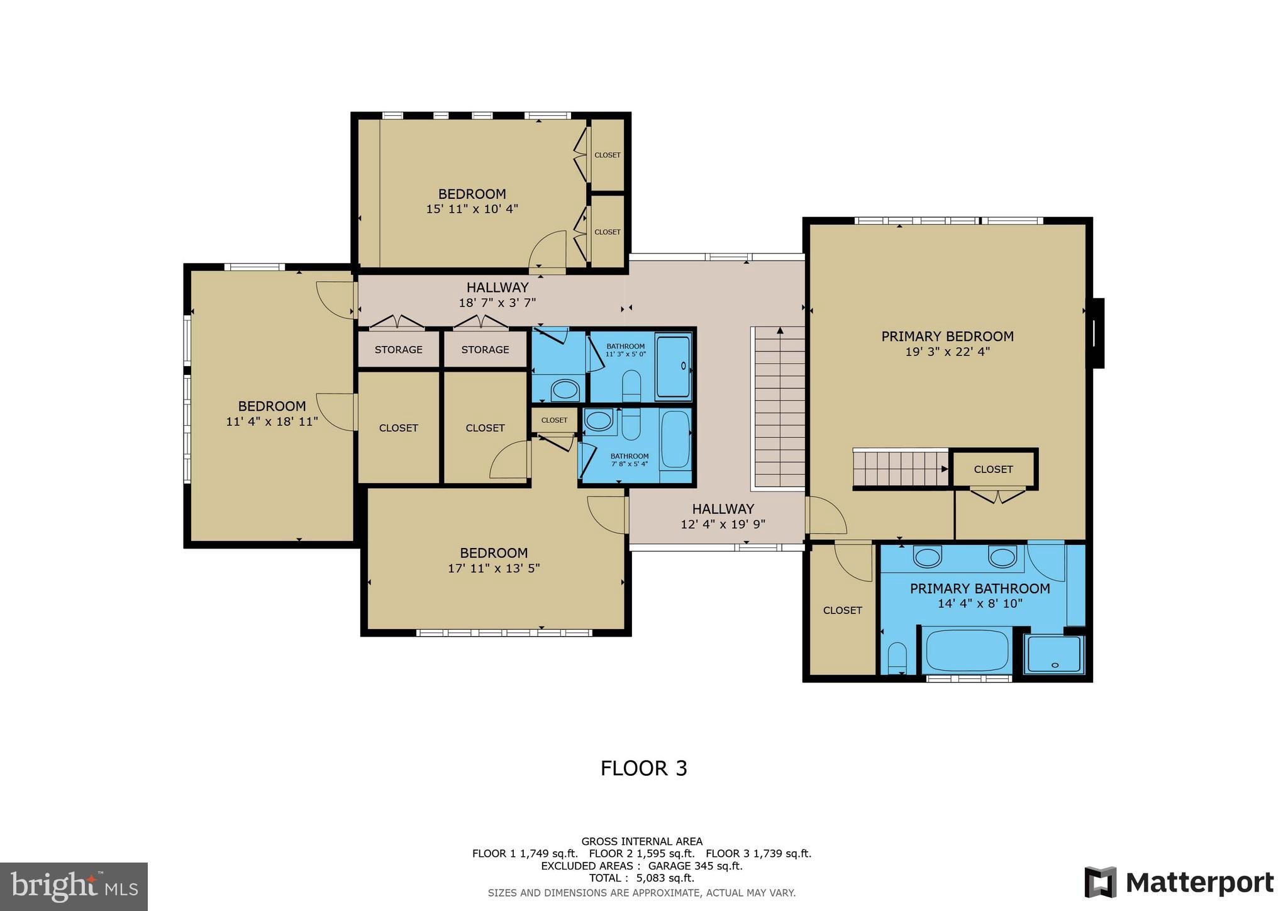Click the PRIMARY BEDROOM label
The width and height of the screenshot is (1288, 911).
pyautogui.click(x=947, y=337)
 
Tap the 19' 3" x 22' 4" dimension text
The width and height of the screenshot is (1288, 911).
pyautogui.click(x=947, y=352)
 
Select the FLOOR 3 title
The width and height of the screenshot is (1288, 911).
pyautogui.click(x=643, y=768)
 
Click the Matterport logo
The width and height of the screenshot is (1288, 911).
pyautogui.click(x=1179, y=882)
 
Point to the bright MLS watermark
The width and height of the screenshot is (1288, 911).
pyautogui.click(x=74, y=886)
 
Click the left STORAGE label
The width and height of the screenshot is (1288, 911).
pyautogui.click(x=398, y=350)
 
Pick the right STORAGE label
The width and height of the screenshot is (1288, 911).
pyautogui.click(x=485, y=350)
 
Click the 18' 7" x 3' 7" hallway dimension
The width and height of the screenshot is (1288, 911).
pyautogui.click(x=497, y=303)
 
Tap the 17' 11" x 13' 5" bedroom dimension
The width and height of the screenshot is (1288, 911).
pyautogui.click(x=494, y=569)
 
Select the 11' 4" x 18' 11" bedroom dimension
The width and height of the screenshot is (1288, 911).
pyautogui.click(x=272, y=422)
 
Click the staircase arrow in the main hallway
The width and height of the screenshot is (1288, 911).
pyautogui.click(x=780, y=331)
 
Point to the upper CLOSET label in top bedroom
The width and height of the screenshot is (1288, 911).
pyautogui.click(x=607, y=155)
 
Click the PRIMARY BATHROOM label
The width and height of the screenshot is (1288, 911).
pyautogui.click(x=980, y=589)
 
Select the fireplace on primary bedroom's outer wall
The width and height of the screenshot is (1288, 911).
pyautogui.click(x=1097, y=333)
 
